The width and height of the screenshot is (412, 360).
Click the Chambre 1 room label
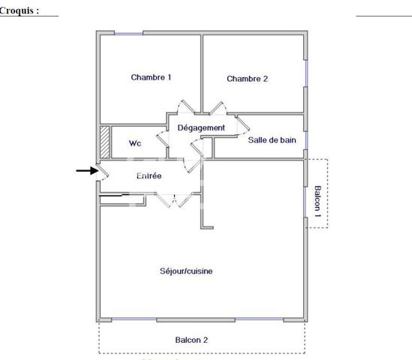(x=151, y=77)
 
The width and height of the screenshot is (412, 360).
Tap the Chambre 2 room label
(x=247, y=79)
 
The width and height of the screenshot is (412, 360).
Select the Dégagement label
(x=200, y=127)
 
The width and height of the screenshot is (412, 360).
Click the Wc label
(x=135, y=143)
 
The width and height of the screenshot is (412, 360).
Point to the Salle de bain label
(x=277, y=139)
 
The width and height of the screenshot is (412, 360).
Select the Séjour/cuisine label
(x=185, y=271)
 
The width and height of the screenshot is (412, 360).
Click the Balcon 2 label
(x=191, y=340)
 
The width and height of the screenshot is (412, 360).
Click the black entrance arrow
(x=87, y=171)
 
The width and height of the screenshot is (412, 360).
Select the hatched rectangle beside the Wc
(x=104, y=141)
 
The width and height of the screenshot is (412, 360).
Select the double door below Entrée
(x=176, y=199)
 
